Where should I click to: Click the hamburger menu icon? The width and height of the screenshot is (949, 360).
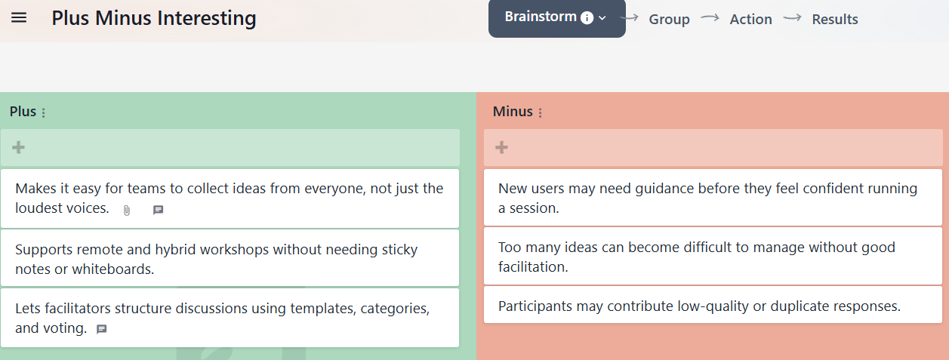tap(19, 18)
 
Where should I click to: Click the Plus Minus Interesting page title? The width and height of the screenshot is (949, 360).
tap(154, 18)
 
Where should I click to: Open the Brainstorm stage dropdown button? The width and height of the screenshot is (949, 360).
tap(556, 18)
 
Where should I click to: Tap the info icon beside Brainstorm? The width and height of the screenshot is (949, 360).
tap(587, 18)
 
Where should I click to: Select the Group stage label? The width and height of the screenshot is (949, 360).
tap(669, 19)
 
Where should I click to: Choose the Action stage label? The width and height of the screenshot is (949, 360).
tap(750, 19)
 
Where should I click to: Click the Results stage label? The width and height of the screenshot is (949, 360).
tap(834, 19)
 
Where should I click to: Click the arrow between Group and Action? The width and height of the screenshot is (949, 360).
tap(710, 17)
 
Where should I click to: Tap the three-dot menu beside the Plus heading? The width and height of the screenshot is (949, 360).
tap(44, 112)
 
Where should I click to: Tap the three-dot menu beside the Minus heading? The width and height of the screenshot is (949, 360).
tap(540, 112)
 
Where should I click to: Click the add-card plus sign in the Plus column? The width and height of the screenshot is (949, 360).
tap(18, 147)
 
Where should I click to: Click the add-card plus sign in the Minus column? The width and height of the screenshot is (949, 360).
tap(501, 147)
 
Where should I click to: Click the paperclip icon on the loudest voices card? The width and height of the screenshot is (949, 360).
tap(127, 210)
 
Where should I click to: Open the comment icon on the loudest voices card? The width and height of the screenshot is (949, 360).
tap(158, 210)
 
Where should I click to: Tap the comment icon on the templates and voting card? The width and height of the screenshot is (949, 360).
tap(102, 329)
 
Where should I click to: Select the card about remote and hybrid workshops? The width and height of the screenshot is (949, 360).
tap(230, 258)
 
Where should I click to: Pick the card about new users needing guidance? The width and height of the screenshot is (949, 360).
tap(713, 198)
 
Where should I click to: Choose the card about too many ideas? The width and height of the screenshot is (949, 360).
tap(713, 257)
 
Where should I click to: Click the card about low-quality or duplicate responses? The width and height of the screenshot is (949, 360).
tap(713, 305)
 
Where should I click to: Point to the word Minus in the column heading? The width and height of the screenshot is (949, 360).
tap(513, 112)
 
